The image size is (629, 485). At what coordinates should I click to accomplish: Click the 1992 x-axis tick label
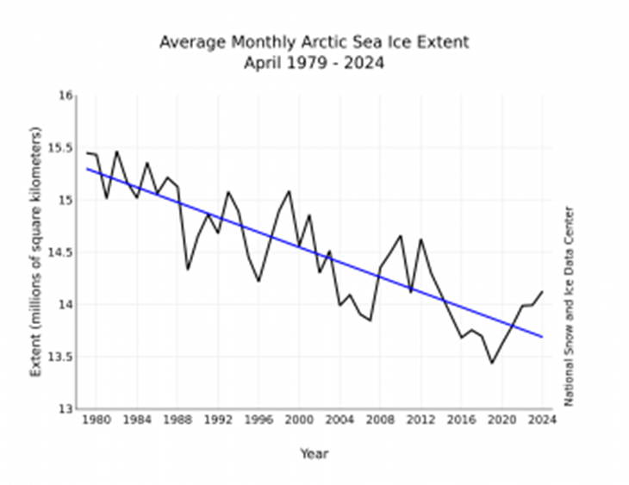[218, 420]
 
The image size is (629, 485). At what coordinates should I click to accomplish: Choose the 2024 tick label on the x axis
[542, 420]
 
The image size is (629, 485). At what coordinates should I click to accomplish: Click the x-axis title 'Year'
[314, 454]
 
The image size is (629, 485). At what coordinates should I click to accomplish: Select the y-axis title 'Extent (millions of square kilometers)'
[36, 252]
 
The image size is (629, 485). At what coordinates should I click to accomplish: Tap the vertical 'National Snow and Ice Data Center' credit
[570, 306]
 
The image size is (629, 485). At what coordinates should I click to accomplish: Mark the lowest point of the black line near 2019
[492, 363]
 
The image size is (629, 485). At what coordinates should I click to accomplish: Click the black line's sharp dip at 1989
[188, 270]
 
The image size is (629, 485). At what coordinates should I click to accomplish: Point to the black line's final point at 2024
[542, 291]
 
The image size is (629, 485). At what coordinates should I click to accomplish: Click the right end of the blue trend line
[542, 336]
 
